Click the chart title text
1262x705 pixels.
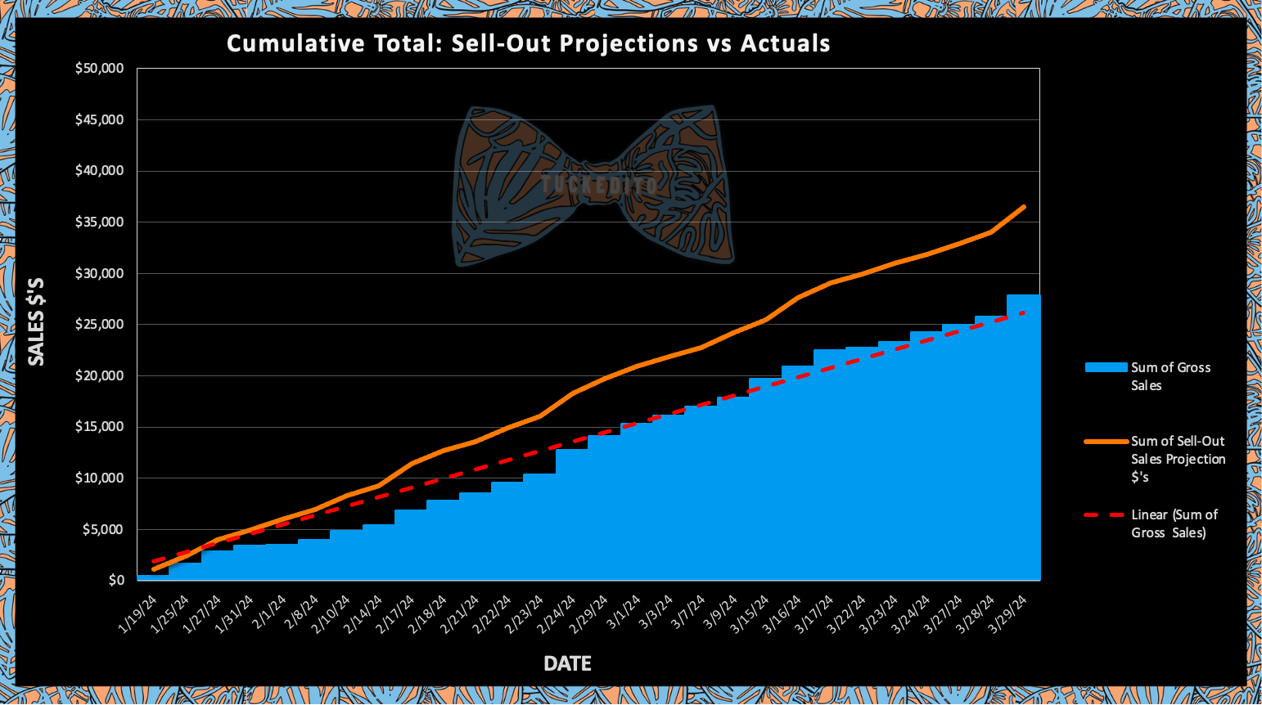tap(528, 43)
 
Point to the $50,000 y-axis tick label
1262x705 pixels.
tap(99, 69)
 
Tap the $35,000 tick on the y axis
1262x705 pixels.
tap(99, 222)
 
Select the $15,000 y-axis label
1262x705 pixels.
tap(99, 427)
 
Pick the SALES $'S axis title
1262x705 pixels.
tap(36, 321)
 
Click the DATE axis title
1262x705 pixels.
tap(567, 663)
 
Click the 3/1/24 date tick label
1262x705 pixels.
tap(622, 612)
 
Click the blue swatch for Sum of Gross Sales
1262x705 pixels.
tap(1106, 367)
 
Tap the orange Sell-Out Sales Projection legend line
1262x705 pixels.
tap(1106, 442)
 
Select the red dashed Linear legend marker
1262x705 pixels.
tap(1106, 515)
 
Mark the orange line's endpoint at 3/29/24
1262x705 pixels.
tap(1024, 207)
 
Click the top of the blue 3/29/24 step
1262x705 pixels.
tap(1023, 295)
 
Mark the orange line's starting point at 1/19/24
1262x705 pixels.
tap(153, 568)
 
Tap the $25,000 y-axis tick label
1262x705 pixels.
tap(99, 325)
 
